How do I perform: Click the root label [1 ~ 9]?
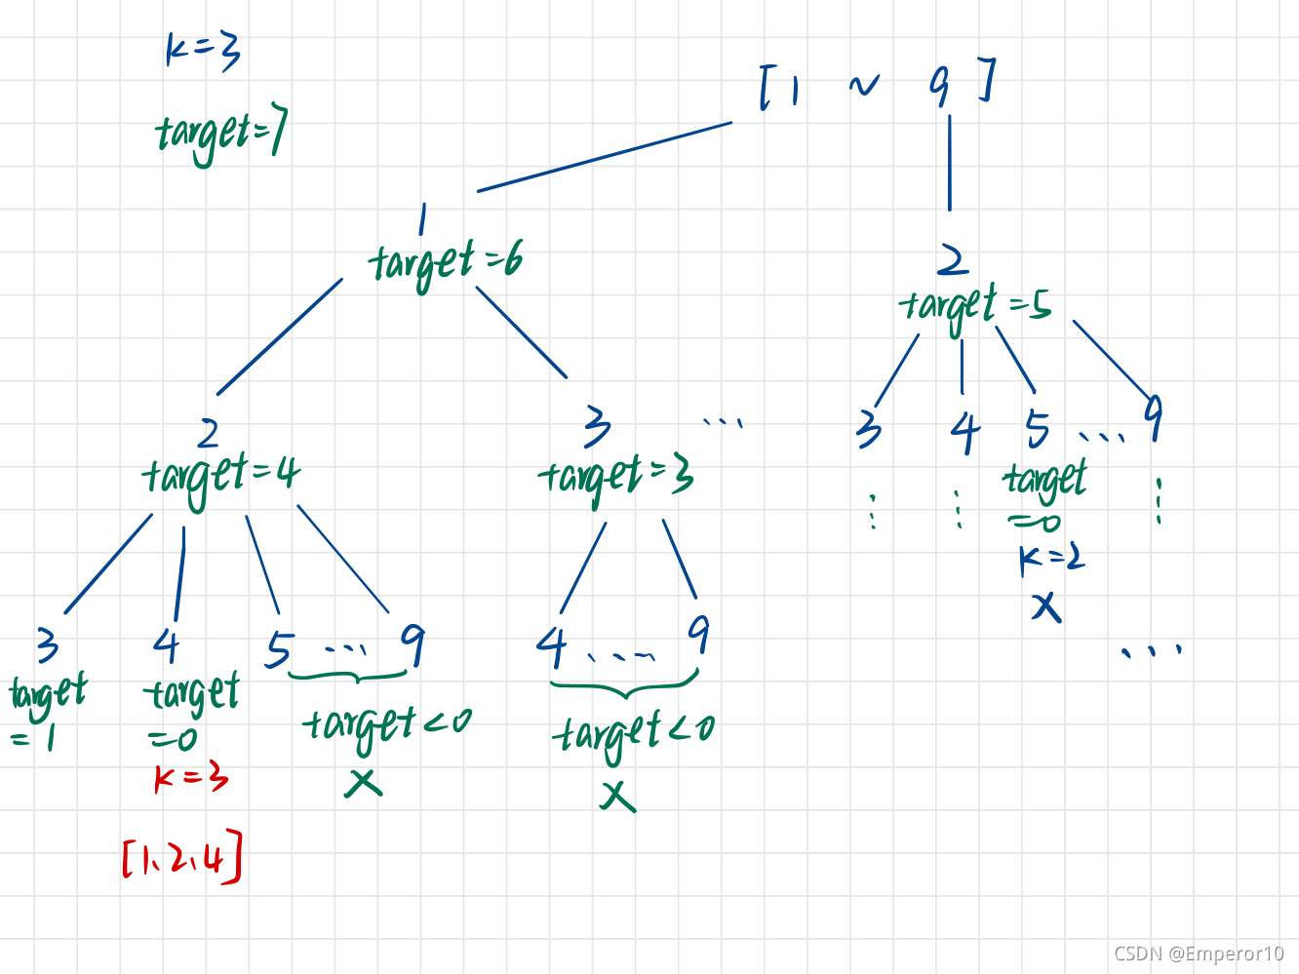(x=877, y=84)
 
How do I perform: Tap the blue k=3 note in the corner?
(x=203, y=50)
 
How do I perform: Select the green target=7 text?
(x=221, y=136)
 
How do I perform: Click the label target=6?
(x=446, y=262)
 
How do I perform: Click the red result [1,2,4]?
(x=182, y=858)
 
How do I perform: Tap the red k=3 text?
(x=190, y=778)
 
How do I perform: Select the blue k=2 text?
(x=1051, y=558)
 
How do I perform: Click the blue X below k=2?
(x=1046, y=607)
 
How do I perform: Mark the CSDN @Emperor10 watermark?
(x=1199, y=953)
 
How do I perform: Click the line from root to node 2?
(x=950, y=162)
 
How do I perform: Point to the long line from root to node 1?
(x=605, y=156)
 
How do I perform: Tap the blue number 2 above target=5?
(x=952, y=260)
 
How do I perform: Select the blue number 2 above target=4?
(x=208, y=433)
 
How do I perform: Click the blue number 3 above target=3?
(x=597, y=426)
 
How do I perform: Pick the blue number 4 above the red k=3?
(x=167, y=645)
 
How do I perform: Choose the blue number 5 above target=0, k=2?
(x=1038, y=428)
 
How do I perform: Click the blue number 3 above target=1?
(x=47, y=645)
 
